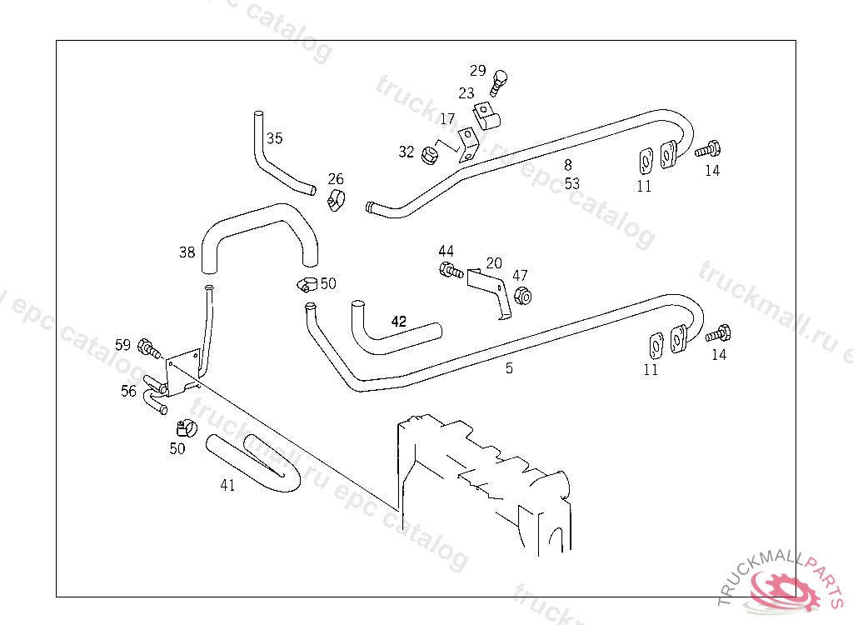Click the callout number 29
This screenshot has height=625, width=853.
point(477,70)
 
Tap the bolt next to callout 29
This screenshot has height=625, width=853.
point(499,80)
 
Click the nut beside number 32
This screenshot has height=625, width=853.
point(431,154)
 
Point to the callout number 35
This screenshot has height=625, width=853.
point(275,138)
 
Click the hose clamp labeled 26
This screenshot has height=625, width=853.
point(337,200)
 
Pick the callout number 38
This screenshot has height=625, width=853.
point(187,251)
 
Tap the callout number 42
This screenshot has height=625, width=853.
point(399,321)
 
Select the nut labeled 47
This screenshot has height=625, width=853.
point(523,296)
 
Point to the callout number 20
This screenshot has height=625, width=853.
point(494,263)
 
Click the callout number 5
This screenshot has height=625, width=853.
point(509,367)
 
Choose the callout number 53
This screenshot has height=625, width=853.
point(571,183)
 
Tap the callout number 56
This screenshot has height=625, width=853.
point(128,391)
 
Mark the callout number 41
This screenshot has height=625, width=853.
point(227,485)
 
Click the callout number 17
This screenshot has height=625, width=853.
point(448,119)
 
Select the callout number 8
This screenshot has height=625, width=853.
point(568,165)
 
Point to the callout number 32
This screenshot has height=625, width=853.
point(406,152)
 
